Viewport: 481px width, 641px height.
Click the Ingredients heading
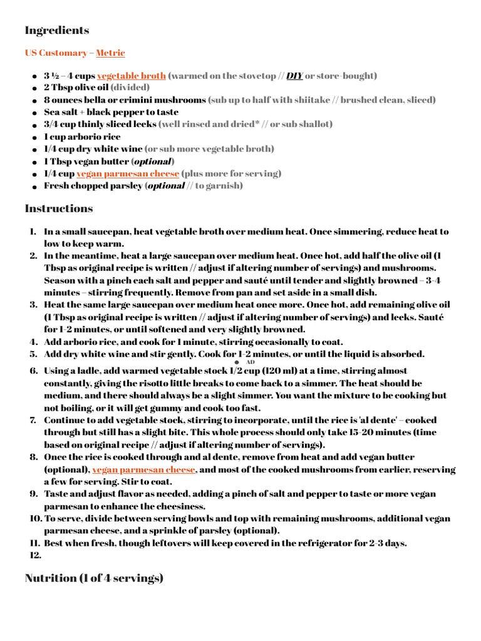[57, 30]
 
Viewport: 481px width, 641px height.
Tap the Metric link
[110, 53]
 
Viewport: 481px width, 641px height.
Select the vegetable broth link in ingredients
[132, 76]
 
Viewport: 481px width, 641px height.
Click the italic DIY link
[295, 76]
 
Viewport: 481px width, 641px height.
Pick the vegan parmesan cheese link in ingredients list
[127, 173]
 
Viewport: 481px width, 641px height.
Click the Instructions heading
[59, 208]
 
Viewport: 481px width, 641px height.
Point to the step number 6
[34, 371]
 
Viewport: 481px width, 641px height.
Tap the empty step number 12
[36, 555]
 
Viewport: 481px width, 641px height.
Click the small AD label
[251, 362]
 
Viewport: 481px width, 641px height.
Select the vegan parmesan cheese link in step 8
[144, 469]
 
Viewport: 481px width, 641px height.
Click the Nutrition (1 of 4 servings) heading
[94, 578]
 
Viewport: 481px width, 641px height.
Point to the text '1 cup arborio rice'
[82, 136]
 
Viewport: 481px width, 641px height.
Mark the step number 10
[35, 518]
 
